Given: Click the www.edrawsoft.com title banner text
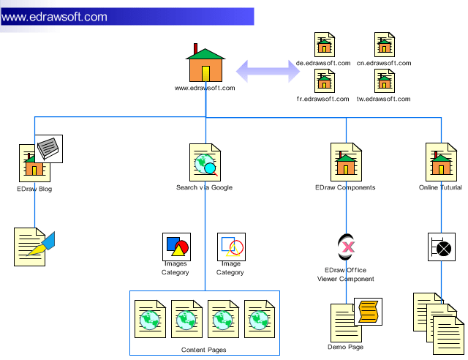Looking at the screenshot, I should point(55,17).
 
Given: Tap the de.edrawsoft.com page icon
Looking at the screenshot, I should point(324,45).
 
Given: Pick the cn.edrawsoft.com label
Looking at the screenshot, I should point(384,64).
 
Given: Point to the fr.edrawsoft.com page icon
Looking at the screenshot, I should point(324,80).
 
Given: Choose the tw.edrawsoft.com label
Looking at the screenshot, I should point(384,98).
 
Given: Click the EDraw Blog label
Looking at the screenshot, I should point(34,189).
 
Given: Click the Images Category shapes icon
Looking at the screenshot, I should point(175,247).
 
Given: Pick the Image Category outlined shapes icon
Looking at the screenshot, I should point(231,247).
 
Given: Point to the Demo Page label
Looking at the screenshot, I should point(345,347).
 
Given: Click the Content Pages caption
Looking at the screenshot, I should point(204,350).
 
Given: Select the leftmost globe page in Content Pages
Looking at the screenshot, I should point(151,318).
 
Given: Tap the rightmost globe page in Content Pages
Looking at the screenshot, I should point(260,318).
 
